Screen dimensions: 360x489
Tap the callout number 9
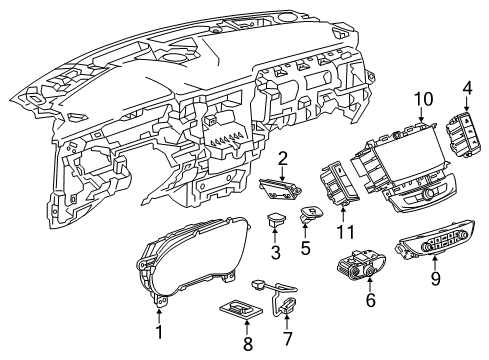tap(434, 280)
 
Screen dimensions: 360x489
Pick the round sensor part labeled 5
tap(314, 214)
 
